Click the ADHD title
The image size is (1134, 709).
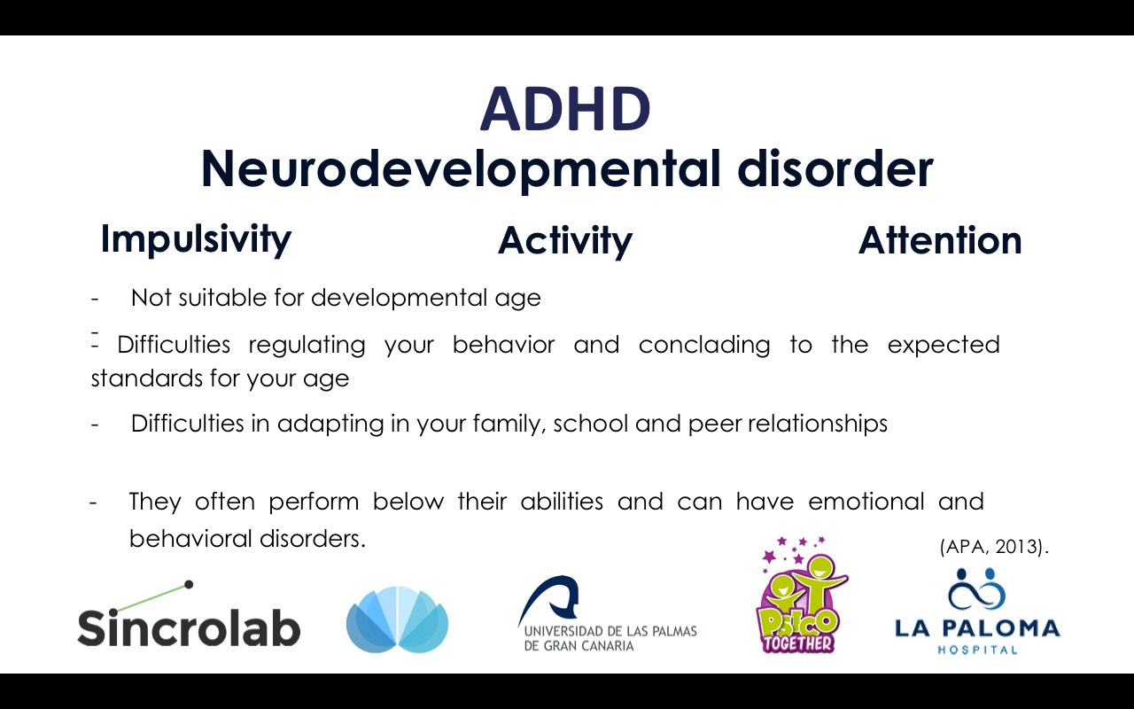[x=565, y=109]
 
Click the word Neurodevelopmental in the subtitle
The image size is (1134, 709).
[x=461, y=170]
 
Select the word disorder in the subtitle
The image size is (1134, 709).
[x=835, y=168]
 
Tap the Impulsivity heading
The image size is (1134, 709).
[x=196, y=239]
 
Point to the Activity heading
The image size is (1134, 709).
[x=565, y=241]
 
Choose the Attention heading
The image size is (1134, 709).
[x=940, y=240]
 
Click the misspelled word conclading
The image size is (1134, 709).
[x=704, y=346]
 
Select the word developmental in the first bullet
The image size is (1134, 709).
[x=399, y=299]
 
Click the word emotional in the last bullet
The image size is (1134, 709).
[x=866, y=502]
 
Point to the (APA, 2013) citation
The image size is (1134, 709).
[x=994, y=547]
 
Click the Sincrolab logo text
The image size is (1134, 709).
[x=189, y=627]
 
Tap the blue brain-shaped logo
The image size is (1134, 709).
[x=398, y=619]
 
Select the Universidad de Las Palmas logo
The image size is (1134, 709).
[x=607, y=614]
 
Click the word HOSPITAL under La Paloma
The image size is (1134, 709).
[x=977, y=650]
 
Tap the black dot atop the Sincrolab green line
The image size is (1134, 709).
[x=189, y=584]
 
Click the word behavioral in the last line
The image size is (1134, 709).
[x=190, y=539]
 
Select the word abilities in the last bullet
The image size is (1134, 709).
[x=562, y=502]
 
